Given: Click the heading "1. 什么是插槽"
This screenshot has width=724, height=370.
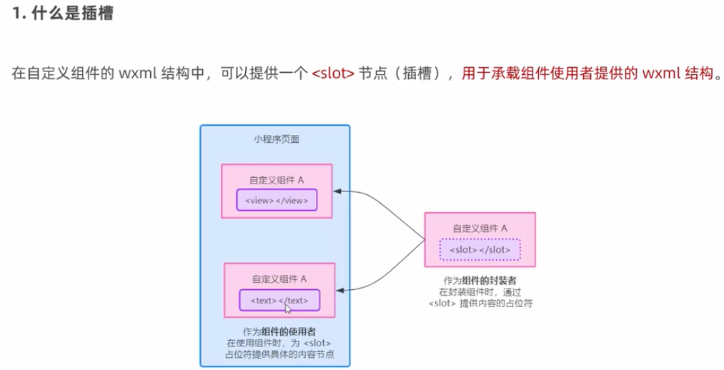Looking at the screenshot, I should pyautogui.click(x=62, y=15).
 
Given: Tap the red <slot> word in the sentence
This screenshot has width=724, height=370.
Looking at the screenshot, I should pyautogui.click(x=333, y=74).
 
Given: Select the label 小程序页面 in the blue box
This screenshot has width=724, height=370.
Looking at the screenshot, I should pyautogui.click(x=276, y=139).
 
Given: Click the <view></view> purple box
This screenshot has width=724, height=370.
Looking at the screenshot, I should pyautogui.click(x=276, y=201).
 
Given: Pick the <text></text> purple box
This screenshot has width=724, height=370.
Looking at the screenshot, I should pyautogui.click(x=279, y=301).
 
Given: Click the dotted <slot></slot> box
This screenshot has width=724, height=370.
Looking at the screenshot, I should pyautogui.click(x=480, y=250).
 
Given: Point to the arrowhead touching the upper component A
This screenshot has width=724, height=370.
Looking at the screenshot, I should pyautogui.click(x=338, y=191).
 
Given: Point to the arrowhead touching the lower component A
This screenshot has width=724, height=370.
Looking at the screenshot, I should pyautogui.click(x=341, y=290).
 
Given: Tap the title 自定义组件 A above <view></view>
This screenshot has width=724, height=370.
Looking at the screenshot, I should pyautogui.click(x=277, y=180).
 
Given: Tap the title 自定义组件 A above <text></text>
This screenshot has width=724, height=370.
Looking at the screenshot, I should pyautogui.click(x=279, y=279).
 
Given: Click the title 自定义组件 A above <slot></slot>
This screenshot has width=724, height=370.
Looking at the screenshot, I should pyautogui.click(x=480, y=229).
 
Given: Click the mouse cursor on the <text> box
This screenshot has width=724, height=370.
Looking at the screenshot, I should pyautogui.click(x=288, y=308).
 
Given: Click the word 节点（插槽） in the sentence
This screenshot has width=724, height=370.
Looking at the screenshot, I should pyautogui.click(x=401, y=74).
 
